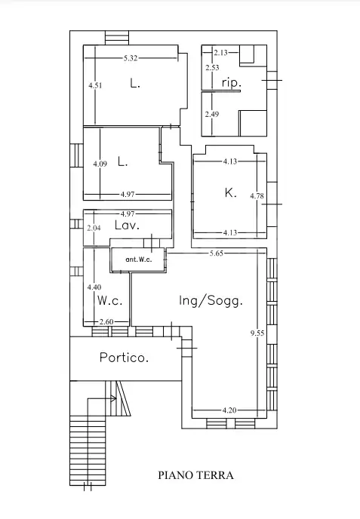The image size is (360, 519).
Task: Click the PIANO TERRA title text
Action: pos(195,475)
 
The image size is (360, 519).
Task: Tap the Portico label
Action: pos(125,358)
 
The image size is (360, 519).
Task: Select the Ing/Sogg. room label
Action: pos(211,301)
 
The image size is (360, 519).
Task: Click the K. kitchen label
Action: pos(230,192)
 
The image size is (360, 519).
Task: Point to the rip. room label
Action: pos(232,82)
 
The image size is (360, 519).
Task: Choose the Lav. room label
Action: pos(127,226)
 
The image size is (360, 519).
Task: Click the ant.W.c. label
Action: pos(139,259)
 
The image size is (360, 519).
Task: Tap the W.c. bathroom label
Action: pos(110,300)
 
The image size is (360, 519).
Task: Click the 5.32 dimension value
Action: pos(131,58)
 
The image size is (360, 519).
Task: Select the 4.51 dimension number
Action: pos(95,85)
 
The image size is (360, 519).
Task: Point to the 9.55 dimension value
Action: pos(257,333)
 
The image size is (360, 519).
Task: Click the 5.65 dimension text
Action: pos(217,253)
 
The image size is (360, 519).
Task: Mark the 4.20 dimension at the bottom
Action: pos(229,410)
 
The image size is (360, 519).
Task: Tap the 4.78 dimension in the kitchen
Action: pos(257,195)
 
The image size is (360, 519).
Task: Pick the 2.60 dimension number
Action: pos(106,321)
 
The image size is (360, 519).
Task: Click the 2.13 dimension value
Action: pos(220,52)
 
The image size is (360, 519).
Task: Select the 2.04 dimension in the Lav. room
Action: pos(94,228)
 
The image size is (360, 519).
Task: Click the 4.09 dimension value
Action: pos(100,164)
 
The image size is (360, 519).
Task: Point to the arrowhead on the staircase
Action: pos(114,398)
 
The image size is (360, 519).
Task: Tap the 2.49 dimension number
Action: pos(212,114)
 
